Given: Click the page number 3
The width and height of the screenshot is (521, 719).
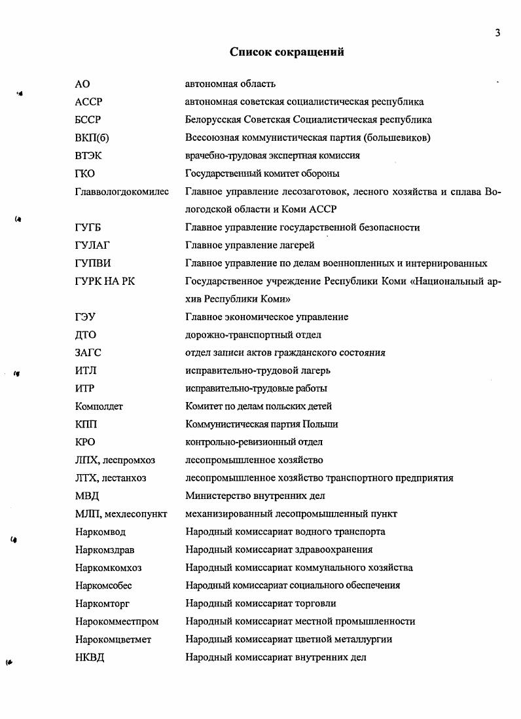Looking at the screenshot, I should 497,33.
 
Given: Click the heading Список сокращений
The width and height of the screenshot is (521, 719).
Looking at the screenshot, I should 287,52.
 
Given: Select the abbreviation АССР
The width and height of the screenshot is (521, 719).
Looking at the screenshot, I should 89,102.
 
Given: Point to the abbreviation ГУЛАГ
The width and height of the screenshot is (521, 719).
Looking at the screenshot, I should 92,246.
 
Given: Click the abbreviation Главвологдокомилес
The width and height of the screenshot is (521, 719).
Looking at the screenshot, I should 122,192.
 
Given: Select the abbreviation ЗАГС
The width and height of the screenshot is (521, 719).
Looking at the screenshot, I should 88,353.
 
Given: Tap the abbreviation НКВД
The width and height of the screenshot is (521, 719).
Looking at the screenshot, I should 90,657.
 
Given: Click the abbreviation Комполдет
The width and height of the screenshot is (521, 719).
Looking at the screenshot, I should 99,407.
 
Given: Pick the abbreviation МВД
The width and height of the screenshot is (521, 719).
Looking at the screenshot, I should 87,496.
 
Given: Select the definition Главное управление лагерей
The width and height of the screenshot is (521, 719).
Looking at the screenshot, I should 250,246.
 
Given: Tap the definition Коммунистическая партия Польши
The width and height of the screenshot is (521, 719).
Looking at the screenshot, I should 262,424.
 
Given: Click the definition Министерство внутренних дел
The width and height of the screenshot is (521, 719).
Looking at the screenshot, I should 255,496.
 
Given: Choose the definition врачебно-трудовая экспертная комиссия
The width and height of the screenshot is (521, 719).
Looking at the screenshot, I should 272,156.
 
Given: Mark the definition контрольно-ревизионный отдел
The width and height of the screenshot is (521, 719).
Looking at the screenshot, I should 254,443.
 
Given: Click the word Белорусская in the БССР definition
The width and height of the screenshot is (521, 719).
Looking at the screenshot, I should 213,120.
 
